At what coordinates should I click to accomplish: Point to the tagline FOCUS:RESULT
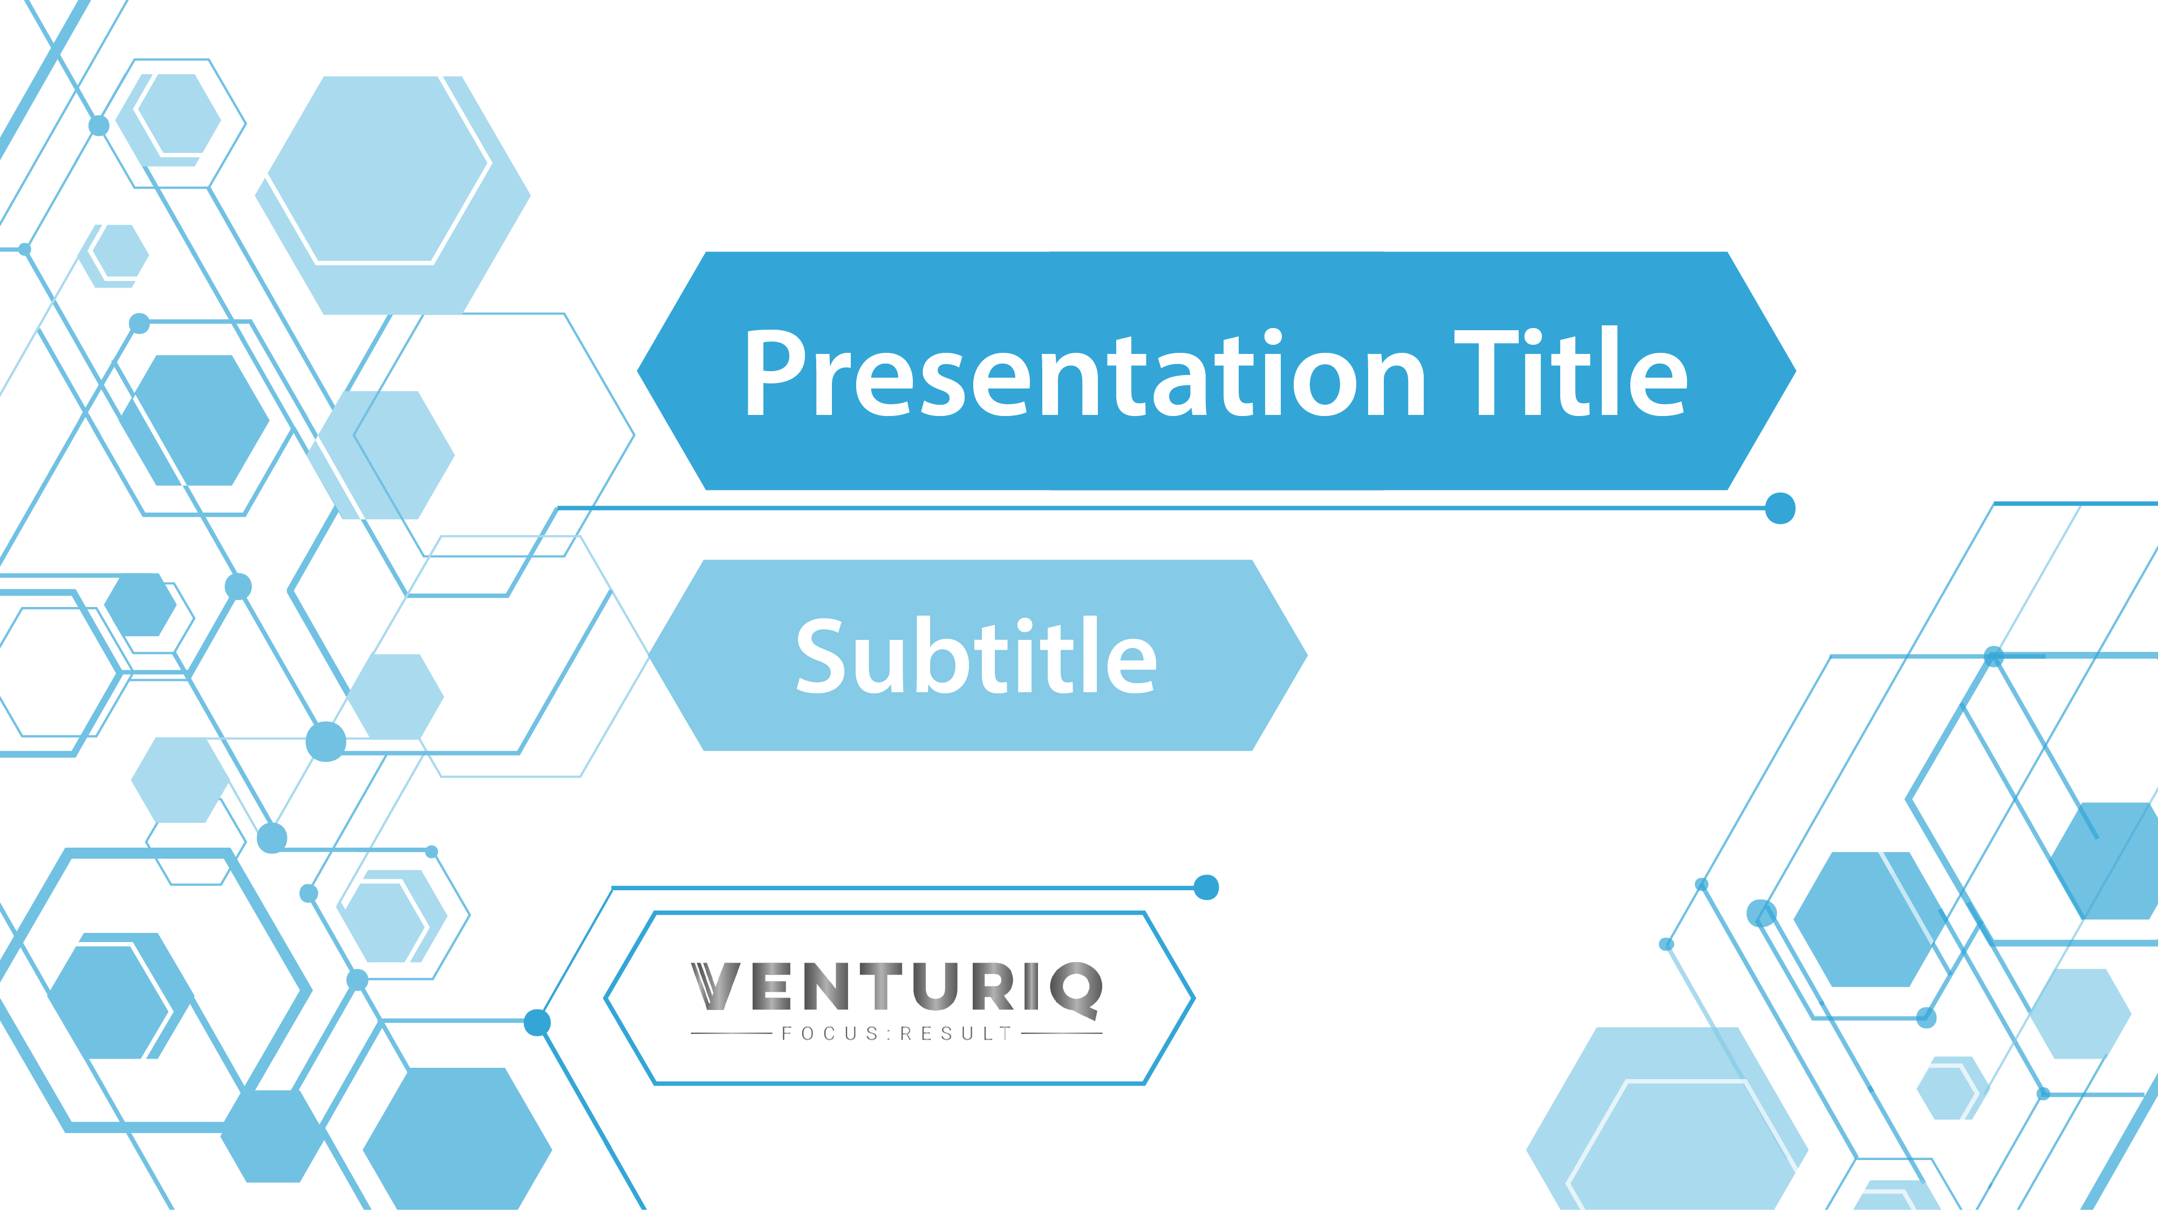(896, 1034)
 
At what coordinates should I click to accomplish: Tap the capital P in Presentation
(775, 374)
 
